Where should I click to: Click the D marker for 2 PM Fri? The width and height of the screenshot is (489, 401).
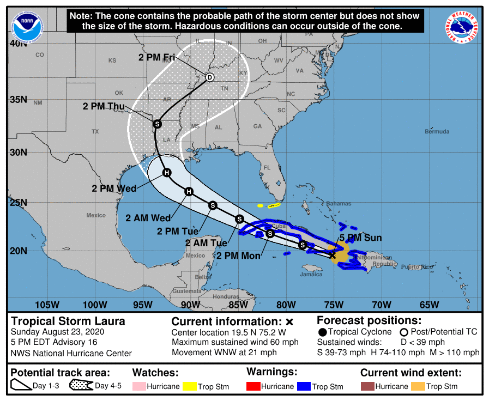209,77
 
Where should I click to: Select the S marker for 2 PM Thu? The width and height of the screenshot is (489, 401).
157,124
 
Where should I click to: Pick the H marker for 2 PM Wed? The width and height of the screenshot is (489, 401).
167,173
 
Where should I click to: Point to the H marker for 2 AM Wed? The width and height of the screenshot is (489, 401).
189,191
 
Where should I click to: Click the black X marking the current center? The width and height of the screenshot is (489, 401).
332,254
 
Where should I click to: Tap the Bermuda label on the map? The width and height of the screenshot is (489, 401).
437,132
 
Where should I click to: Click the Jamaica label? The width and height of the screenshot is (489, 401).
311,274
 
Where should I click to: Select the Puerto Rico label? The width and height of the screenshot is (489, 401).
416,267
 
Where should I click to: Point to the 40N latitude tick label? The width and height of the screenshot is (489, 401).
18,44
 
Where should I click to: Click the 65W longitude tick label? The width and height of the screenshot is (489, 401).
430,304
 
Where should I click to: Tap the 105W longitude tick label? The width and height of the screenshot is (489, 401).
47,304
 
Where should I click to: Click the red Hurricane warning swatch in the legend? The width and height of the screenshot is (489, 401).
253,386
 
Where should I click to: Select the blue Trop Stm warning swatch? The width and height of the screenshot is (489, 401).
304,386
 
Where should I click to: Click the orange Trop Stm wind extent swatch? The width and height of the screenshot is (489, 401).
418,386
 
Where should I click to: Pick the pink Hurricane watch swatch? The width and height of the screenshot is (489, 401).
140,386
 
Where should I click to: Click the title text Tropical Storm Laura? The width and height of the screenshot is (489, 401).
68,321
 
